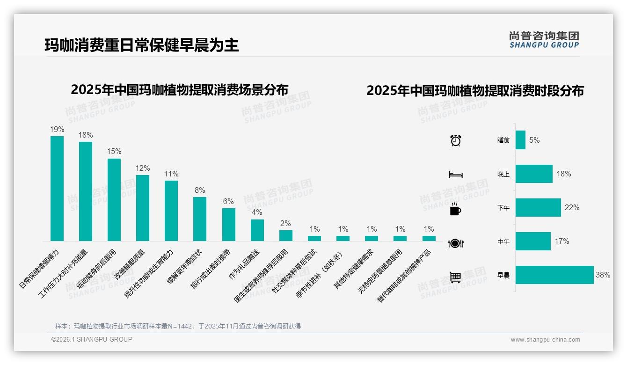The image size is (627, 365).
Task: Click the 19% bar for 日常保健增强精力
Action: click(57, 189)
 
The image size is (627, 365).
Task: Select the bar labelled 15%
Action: click(114, 200)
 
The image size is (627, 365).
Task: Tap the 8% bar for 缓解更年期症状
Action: click(200, 219)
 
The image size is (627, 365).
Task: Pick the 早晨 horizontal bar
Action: click(554, 275)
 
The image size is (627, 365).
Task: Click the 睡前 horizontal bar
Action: click(520, 140)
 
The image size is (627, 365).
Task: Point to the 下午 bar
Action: click(538, 207)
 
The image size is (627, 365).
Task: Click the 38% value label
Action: click(603, 275)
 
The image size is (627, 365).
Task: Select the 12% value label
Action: click(143, 168)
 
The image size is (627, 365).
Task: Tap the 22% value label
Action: click(572, 207)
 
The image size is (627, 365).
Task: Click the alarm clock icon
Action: click(455, 140)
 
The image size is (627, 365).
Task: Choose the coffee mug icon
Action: click(455, 209)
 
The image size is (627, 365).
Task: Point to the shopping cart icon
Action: click(455, 277)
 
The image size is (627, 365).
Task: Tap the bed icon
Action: click(455, 175)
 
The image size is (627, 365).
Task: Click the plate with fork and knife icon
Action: click(455, 243)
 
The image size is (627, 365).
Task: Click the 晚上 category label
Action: click(503, 174)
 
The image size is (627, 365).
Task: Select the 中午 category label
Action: click(503, 241)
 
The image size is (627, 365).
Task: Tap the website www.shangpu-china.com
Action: click(545, 340)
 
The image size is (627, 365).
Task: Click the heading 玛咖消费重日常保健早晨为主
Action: click(142, 45)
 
